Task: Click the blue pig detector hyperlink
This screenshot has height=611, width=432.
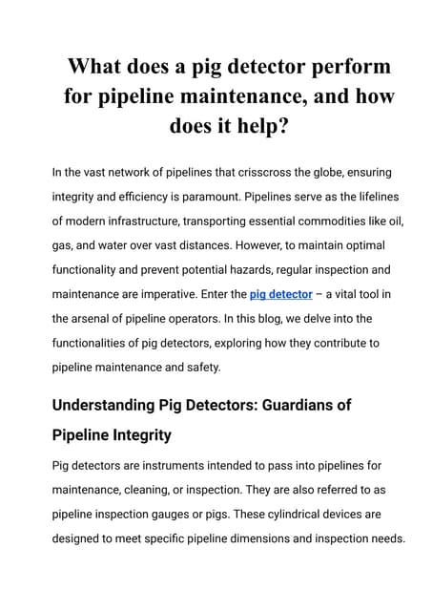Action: [280, 295]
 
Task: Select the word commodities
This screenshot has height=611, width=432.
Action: [319, 221]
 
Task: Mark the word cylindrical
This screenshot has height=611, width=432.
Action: [290, 515]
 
